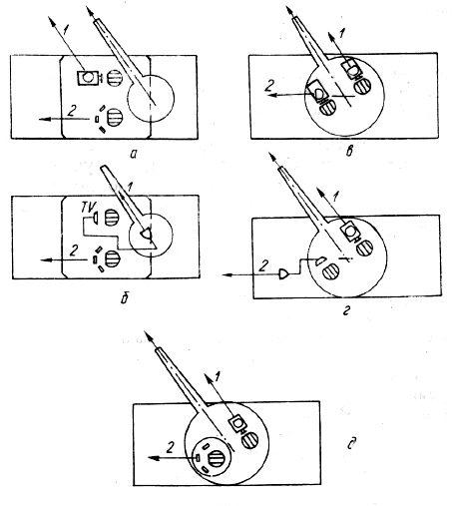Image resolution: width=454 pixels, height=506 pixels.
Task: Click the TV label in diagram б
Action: click(x=88, y=207)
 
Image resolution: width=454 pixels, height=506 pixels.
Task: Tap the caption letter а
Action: click(x=134, y=154)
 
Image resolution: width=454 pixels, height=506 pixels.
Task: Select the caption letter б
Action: click(x=125, y=298)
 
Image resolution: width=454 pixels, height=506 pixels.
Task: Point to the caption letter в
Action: click(x=349, y=152)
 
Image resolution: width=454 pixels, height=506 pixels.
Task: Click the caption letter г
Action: click(x=346, y=311)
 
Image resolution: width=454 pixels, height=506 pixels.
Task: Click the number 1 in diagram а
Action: click(x=65, y=30)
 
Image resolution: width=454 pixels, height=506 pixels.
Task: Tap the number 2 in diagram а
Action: click(x=72, y=111)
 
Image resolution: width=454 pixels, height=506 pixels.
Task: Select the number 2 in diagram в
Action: click(x=269, y=86)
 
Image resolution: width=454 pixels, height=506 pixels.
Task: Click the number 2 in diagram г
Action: click(x=263, y=265)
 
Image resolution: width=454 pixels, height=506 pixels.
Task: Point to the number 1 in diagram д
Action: click(x=218, y=377)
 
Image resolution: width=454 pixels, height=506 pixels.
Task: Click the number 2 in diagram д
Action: click(x=170, y=448)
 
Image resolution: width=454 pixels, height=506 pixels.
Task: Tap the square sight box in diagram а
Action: click(x=88, y=78)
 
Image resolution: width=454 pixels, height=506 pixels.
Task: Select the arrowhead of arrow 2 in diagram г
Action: click(x=227, y=274)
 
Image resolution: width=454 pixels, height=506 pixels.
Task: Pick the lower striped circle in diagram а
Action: click(x=114, y=118)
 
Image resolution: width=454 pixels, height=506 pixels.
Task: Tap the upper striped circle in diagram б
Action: click(x=111, y=218)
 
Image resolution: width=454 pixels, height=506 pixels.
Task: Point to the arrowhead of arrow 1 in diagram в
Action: click(x=331, y=37)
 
